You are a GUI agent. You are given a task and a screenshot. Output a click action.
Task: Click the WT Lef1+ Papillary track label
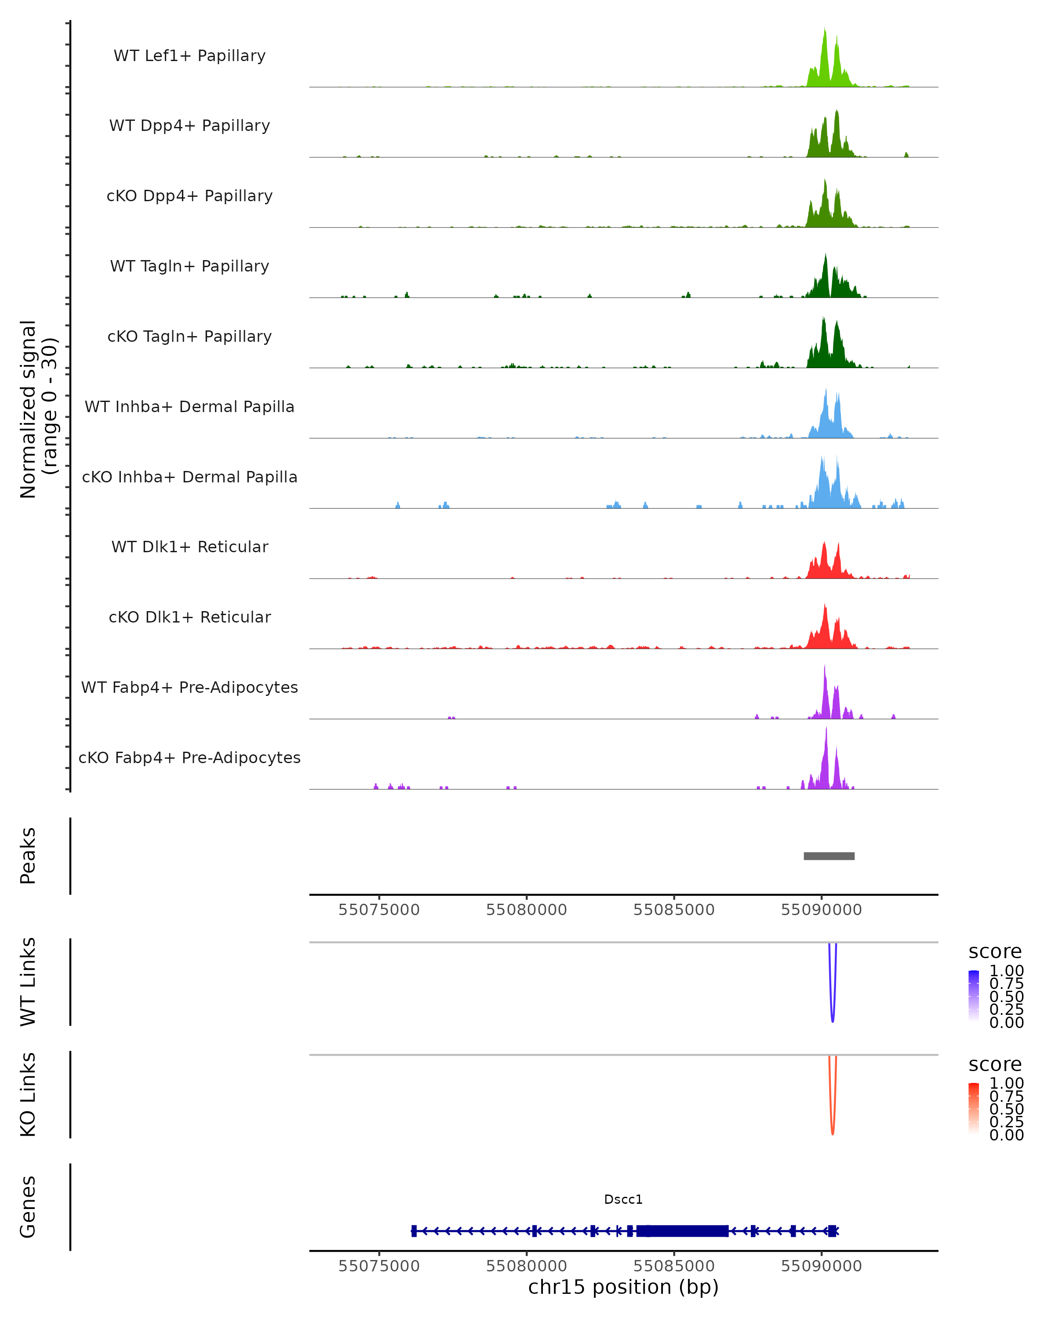[x=189, y=56]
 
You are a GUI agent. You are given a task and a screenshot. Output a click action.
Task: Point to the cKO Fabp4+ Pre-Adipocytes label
[x=189, y=757]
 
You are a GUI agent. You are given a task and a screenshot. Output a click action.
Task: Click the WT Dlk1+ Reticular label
[x=189, y=547]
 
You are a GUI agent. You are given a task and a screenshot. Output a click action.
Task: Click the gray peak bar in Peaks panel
[x=829, y=856]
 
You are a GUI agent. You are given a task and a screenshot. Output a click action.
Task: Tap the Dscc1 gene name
[x=623, y=1199]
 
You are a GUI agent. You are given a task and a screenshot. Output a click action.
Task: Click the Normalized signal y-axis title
[x=38, y=409]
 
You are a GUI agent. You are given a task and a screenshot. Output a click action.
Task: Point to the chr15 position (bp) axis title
[x=623, y=1287]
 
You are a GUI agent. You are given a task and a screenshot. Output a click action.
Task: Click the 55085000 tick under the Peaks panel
[x=674, y=910]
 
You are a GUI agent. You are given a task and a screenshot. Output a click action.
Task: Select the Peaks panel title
[x=28, y=856]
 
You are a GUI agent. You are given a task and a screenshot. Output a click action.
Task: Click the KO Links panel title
[x=28, y=1094]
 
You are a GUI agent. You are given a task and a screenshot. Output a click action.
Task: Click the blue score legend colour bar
[x=974, y=995]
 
